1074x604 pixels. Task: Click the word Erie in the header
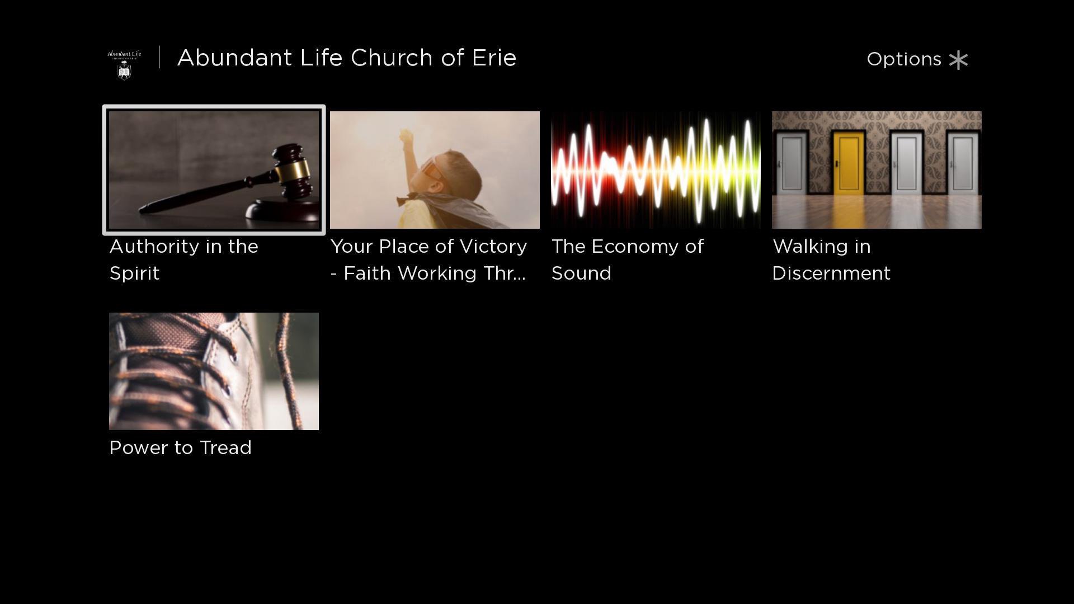pos(494,58)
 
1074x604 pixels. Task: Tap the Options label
pos(904,59)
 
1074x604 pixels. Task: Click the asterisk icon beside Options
pos(959,60)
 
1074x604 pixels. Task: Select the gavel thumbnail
pos(214,170)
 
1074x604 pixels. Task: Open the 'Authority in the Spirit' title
pos(183,259)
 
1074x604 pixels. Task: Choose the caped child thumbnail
pos(435,170)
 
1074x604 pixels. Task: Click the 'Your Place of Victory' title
pos(428,259)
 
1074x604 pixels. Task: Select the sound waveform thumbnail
pos(656,170)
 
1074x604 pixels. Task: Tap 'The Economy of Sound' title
pos(627,259)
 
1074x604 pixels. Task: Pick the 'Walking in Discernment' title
pos(831,259)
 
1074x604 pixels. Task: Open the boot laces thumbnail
pos(214,371)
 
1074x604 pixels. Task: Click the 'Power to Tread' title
pos(180,448)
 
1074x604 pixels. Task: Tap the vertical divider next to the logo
pos(159,57)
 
